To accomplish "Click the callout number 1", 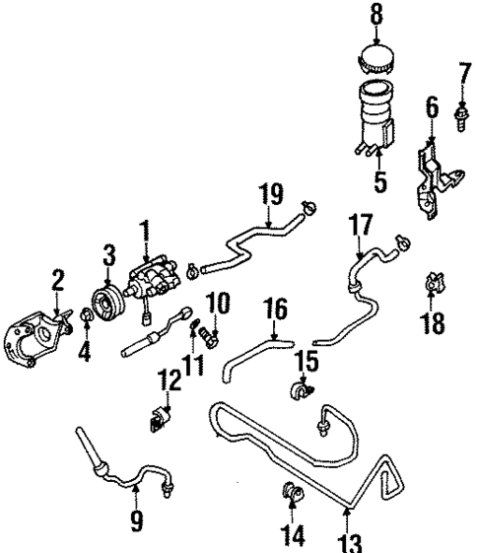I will point(145,232).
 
